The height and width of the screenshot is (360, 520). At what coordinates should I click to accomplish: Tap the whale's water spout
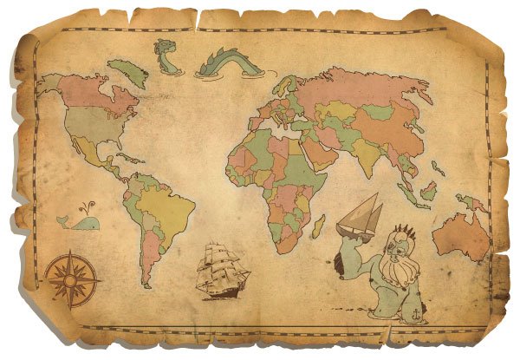click(x=84, y=208)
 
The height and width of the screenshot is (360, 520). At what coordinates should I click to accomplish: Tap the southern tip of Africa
click(x=283, y=246)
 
